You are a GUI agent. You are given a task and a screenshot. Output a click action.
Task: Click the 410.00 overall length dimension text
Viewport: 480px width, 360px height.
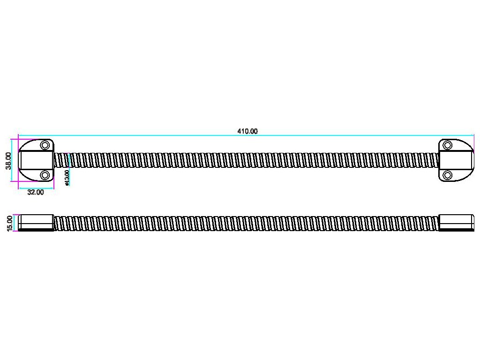[247, 131]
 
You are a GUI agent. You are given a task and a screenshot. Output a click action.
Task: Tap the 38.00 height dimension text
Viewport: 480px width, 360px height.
[8, 160]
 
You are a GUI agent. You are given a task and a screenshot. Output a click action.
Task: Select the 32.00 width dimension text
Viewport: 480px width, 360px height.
[36, 192]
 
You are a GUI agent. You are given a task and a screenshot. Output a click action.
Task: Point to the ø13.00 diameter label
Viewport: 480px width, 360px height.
[67, 178]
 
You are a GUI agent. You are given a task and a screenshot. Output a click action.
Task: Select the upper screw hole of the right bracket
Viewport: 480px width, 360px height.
[448, 145]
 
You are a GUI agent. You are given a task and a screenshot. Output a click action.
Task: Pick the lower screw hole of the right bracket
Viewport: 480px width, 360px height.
[448, 175]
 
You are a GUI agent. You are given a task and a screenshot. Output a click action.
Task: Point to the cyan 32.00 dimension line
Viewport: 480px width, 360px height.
[36, 187]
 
